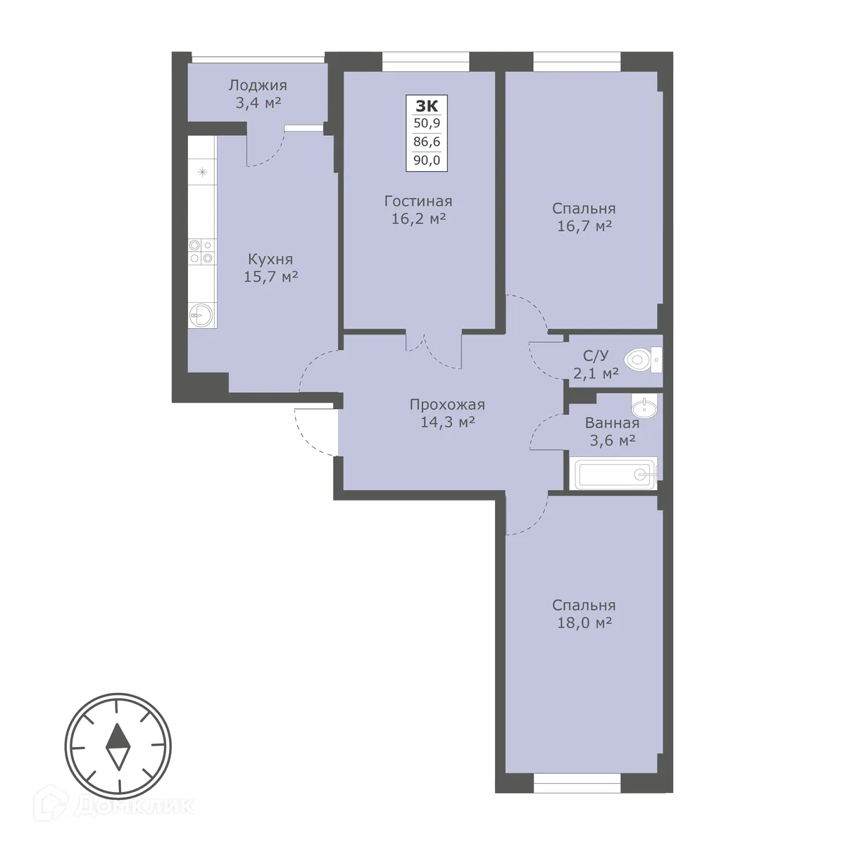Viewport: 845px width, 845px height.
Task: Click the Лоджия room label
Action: [257, 86]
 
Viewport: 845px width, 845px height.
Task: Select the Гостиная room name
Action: [418, 201]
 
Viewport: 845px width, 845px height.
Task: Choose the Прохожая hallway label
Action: [447, 405]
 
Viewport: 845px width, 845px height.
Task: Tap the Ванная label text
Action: [612, 423]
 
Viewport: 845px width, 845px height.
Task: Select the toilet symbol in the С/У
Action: [639, 361]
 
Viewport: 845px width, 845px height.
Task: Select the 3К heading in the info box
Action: [427, 106]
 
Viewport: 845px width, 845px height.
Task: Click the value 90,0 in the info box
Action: [427, 160]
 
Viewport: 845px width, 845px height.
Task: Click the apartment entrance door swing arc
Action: [310, 432]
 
